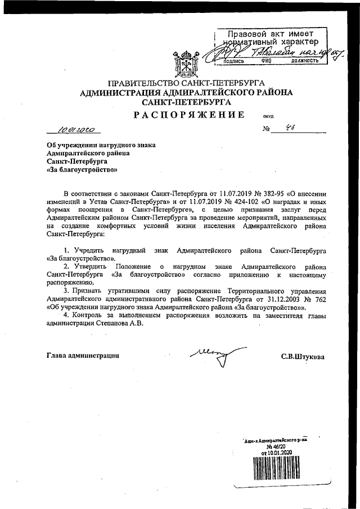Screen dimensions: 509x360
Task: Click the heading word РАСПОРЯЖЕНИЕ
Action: tap(188, 115)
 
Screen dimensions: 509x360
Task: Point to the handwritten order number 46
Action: tap(290, 129)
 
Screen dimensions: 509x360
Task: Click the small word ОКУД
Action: tap(268, 117)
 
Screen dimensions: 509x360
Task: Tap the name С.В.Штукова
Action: tap(303, 356)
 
